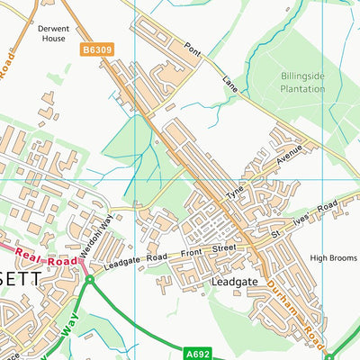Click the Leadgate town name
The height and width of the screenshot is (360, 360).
(233, 282)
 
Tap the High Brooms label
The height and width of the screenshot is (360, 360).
(333, 258)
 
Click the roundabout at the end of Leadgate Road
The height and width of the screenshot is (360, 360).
(90, 280)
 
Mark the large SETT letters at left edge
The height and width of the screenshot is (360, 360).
(20, 280)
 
